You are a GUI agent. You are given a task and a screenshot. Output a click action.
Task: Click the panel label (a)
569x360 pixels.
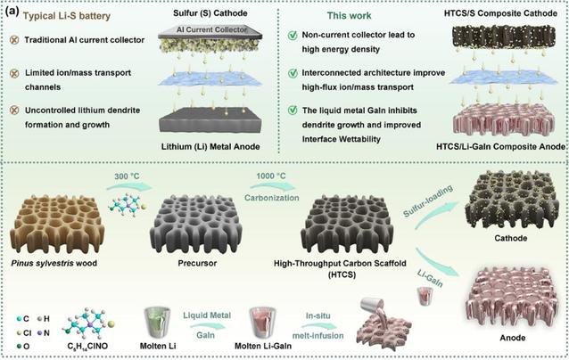14,12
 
